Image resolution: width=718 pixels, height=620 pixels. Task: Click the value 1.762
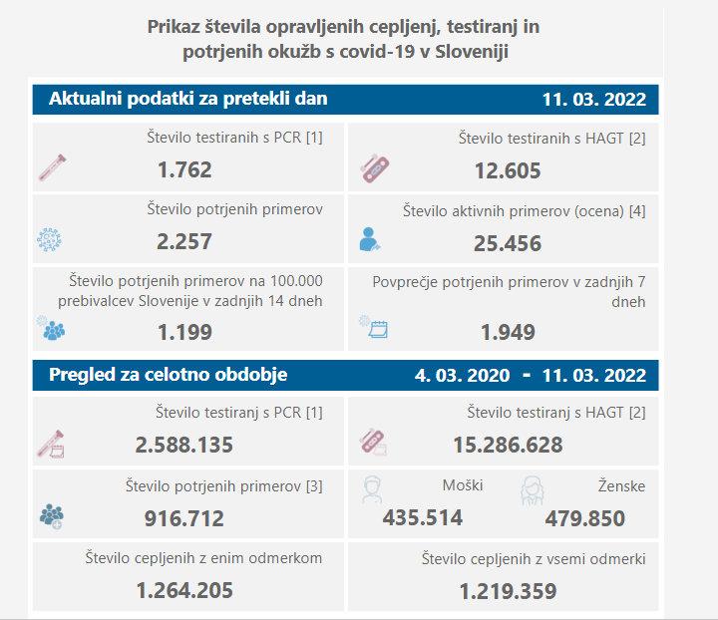coord(184,169)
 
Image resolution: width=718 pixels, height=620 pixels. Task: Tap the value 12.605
coord(508,170)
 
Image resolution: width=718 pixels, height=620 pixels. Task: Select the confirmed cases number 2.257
coord(184,241)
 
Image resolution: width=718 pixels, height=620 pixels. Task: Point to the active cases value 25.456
coord(508,243)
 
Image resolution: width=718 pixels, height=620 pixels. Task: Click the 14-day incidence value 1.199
coord(184,330)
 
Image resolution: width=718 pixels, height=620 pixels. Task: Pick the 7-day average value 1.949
coord(508,332)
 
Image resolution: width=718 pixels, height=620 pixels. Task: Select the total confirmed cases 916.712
coord(184,517)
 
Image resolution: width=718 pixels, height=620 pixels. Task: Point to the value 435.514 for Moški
coord(423,517)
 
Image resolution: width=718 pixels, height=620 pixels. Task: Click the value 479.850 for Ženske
coord(585,518)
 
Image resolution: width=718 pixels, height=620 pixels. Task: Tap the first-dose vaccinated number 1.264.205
coord(184,590)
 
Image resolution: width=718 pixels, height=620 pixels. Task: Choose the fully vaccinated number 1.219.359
coord(508,591)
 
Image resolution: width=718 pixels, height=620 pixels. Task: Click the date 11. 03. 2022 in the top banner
coord(593,100)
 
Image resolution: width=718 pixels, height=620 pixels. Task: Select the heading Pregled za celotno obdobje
coord(169,375)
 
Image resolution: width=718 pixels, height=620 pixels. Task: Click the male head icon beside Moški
coord(372,489)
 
